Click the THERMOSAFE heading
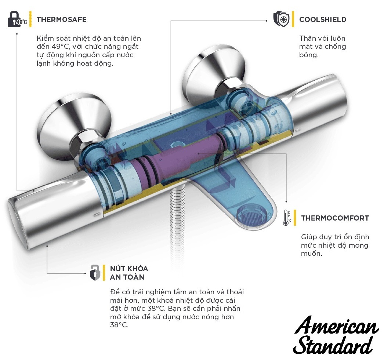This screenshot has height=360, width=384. coord(61,19)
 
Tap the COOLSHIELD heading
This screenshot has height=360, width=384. coord(323,20)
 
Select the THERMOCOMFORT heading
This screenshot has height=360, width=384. coord(335,218)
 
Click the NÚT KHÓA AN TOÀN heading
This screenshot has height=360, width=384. coord(128,273)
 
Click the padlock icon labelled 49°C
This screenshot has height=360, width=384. coord(17,20)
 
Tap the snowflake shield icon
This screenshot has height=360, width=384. coord(281,19)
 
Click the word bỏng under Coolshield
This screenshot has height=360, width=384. coord(308,55)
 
